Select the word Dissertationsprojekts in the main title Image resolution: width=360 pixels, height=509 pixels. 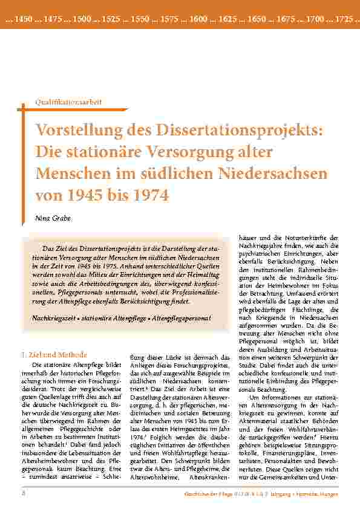pyautogui.click(x=234, y=130)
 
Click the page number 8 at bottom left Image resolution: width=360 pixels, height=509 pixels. pyautogui.click(x=23, y=493)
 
